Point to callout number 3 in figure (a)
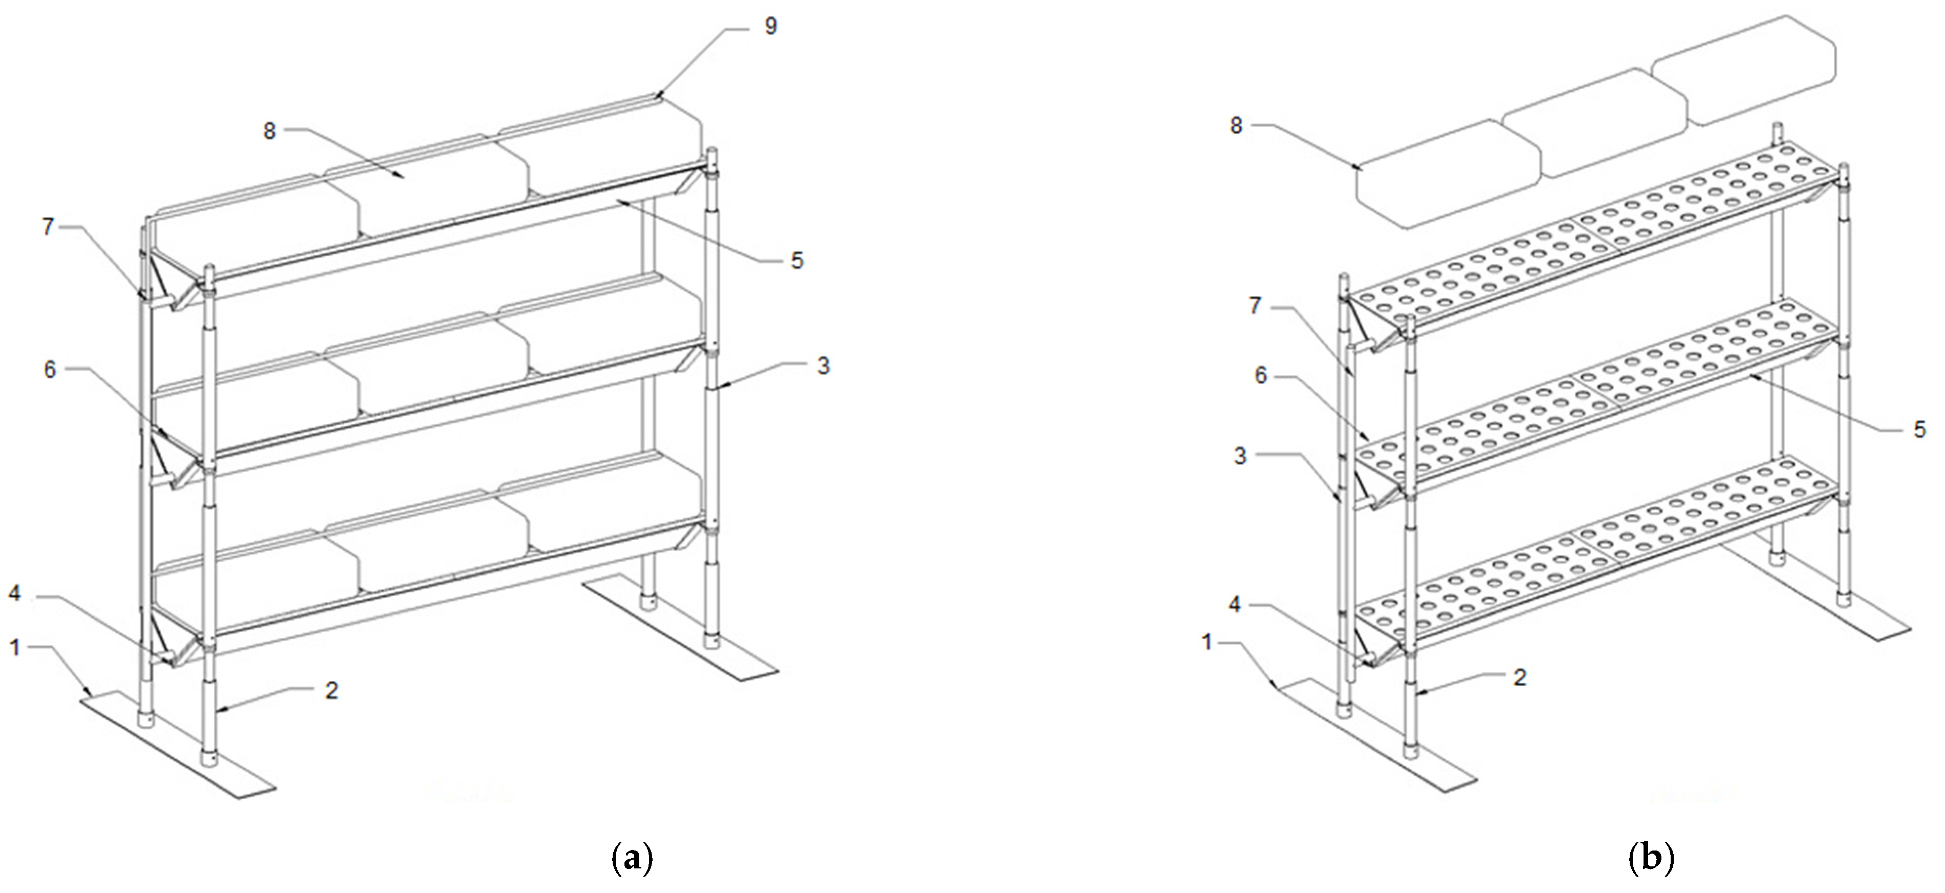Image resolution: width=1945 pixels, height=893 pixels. click(x=823, y=366)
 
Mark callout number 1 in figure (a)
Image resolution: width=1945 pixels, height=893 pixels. click(x=14, y=647)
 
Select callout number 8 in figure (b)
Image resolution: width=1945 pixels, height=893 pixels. click(x=1236, y=125)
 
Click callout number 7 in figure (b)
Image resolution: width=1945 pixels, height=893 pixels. click(x=1256, y=307)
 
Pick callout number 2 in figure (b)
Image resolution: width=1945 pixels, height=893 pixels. click(x=1520, y=677)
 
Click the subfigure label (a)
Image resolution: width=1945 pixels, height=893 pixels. click(x=629, y=858)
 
